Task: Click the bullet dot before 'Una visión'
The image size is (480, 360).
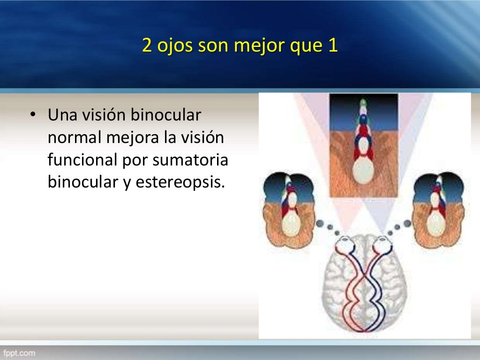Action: [32, 115]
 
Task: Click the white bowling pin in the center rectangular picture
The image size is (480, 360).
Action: [363, 172]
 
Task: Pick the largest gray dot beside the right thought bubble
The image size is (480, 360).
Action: [406, 223]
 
